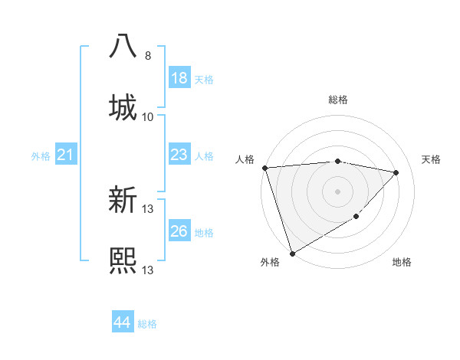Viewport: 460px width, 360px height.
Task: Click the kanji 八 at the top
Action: [123, 46]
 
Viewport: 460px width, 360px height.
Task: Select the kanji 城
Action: [123, 106]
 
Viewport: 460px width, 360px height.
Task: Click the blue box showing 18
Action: [179, 78]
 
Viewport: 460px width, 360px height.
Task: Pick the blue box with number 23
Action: [179, 155]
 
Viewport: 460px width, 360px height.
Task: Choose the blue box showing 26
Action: [179, 231]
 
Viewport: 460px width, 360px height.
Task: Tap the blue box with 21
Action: [66, 155]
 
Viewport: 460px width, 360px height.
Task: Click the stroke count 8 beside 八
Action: [148, 56]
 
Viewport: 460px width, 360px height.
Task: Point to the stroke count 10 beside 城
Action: [148, 116]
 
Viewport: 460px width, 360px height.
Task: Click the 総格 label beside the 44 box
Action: [148, 324]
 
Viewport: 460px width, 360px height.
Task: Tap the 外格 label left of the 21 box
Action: [41, 156]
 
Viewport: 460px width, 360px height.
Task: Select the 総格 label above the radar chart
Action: [338, 100]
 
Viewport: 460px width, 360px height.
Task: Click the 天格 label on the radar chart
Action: [432, 159]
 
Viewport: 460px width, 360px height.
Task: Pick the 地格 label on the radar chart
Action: [402, 262]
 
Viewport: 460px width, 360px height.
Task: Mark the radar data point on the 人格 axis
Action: [264, 168]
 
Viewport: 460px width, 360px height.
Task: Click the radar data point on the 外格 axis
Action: [292, 254]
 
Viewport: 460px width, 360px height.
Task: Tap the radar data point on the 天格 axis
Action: [396, 172]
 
